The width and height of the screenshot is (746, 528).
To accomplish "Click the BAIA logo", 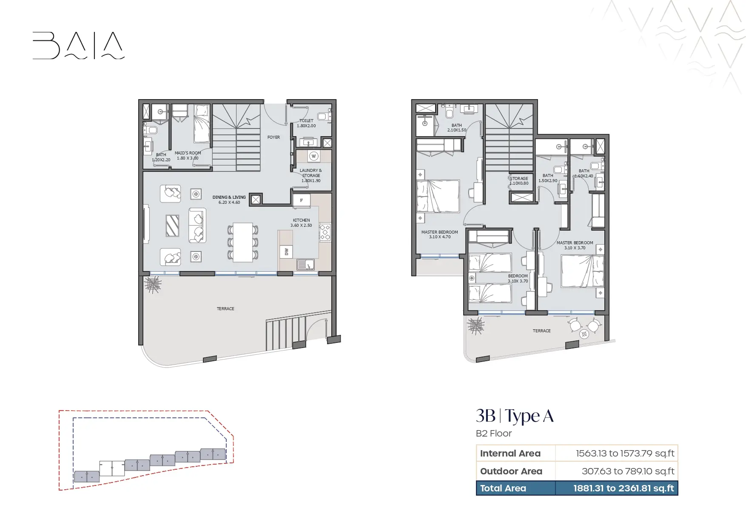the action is [79, 46].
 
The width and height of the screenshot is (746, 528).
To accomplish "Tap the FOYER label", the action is [273, 137].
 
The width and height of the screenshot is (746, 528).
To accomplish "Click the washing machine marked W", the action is [314, 156].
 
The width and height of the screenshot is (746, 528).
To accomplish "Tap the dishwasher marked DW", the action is [286, 252].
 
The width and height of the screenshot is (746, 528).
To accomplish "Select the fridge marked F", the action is [302, 200].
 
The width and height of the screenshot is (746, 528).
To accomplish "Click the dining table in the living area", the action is [243, 243].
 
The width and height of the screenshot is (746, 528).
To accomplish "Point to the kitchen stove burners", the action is [325, 232].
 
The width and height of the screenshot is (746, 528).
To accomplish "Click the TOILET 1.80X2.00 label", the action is [306, 123].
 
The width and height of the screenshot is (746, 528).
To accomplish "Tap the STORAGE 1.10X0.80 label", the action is [519, 181].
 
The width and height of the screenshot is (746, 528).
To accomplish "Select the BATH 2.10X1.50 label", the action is [457, 128].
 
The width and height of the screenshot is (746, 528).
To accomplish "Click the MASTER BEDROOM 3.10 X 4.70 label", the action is [440, 234].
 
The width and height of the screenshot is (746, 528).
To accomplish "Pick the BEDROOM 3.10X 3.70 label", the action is [518, 278].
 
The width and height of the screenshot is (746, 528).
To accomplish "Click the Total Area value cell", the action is [617, 488].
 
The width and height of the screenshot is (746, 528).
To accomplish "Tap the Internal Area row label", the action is [510, 454].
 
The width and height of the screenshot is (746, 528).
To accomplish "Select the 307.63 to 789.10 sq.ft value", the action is [628, 471].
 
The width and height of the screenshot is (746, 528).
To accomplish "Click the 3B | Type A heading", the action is [515, 416].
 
